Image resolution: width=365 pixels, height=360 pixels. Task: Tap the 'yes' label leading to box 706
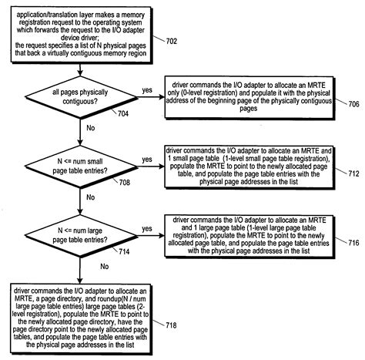(x=146, y=89)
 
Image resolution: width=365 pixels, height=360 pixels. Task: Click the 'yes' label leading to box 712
(x=146, y=160)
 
